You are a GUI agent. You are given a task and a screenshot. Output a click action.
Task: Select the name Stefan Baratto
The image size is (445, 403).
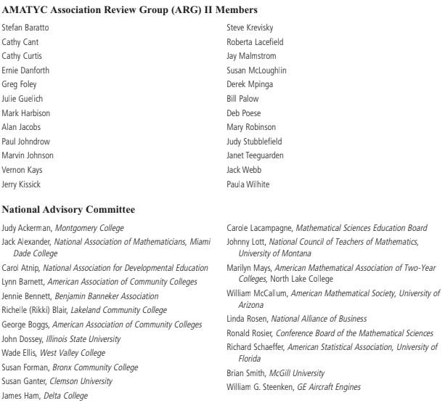coord(26,28)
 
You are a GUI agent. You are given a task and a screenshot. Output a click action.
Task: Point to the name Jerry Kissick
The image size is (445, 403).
coord(23,184)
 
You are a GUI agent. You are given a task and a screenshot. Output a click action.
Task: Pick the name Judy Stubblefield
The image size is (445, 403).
coord(254,142)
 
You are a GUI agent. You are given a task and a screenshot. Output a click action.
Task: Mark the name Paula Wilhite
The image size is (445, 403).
coord(248,184)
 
